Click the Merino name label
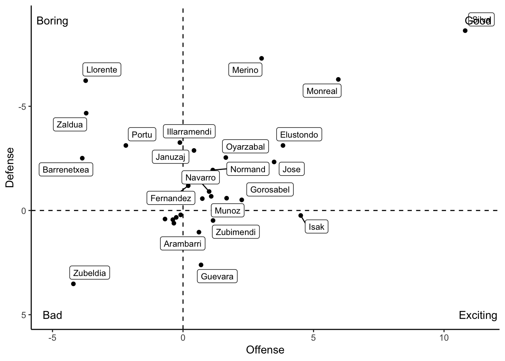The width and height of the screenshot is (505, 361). point(245,70)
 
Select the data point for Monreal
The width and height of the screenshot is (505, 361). point(338,79)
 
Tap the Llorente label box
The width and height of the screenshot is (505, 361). point(102,70)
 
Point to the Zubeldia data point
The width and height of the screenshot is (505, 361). point(73,284)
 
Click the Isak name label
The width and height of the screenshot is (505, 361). point(316,227)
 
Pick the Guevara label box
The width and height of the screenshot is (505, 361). point(217,276)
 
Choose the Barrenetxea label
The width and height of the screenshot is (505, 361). point(66,170)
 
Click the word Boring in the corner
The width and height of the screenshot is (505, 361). point(52,21)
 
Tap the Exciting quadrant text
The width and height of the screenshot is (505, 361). point(478,315)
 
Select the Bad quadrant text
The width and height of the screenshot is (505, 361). point(52,315)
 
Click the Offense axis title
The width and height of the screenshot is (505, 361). point(265,350)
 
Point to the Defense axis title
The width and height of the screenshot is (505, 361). point(10,167)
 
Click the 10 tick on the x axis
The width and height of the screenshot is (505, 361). point(444,338)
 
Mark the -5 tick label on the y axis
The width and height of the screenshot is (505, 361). point(23,106)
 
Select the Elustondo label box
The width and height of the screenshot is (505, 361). point(299,135)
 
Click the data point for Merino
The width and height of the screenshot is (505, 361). point(262,58)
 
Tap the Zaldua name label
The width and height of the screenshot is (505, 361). point(70,124)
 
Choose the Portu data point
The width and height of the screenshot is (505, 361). point(126,146)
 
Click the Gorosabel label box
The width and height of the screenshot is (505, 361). point(270,190)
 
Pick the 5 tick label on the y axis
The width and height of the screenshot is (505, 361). point(24,315)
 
